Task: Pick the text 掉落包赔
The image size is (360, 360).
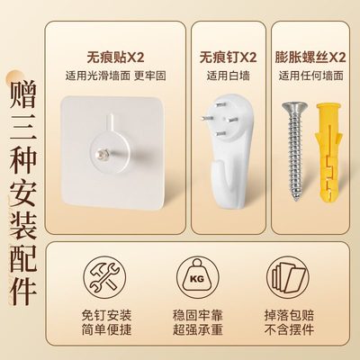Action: tap(287, 309)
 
